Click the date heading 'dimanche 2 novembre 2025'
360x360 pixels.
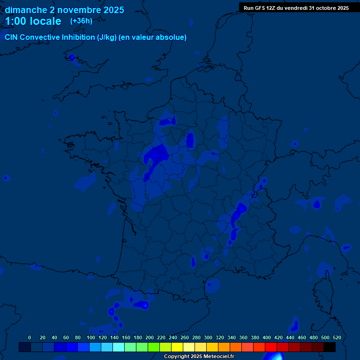click(64, 10)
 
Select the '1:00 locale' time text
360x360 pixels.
click(33, 22)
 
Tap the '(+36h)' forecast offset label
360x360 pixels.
click(81, 21)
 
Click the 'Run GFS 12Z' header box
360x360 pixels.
click(296, 8)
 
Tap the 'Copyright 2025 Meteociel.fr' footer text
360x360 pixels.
click(199, 357)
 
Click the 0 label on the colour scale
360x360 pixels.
click(30, 337)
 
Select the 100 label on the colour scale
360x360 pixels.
click(91, 337)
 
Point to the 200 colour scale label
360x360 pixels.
click(150, 337)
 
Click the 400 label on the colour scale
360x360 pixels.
click(267, 337)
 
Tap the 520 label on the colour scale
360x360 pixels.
click(337, 337)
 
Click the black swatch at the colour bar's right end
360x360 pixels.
click(330, 347)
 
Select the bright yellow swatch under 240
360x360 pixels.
click(177, 347)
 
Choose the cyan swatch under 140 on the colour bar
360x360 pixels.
click(119, 347)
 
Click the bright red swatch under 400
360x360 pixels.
click(271, 347)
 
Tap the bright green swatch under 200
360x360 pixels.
click(154, 347)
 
